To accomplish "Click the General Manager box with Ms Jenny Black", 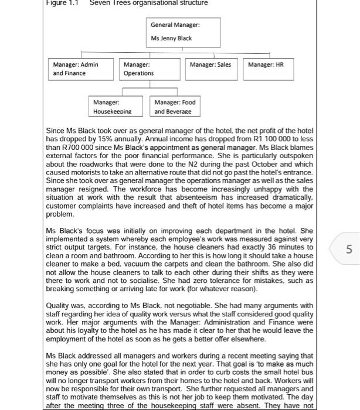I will [184, 32].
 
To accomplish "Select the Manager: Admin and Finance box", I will [81, 69].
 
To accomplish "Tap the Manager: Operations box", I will [150, 69].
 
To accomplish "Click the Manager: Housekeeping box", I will [115, 106].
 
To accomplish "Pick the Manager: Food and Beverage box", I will [175, 106].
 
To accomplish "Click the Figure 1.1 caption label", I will [62, 3].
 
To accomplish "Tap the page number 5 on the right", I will [349, 250].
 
